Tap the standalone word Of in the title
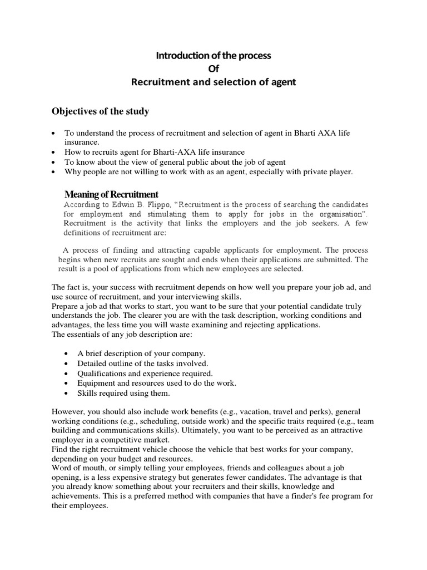click(213, 70)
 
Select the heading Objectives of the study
click(101, 111)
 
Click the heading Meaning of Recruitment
click(111, 194)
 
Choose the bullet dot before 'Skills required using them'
click(67, 394)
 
